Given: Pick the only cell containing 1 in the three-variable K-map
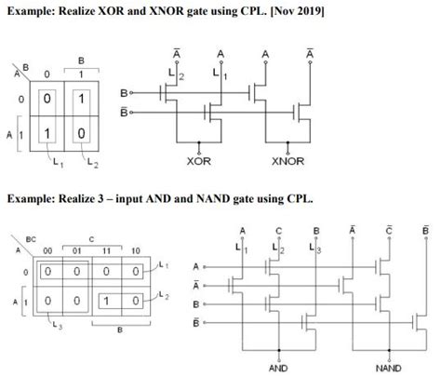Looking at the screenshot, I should [109, 302].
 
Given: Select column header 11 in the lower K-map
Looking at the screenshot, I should [110, 250].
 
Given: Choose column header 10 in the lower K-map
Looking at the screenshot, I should [136, 250].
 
